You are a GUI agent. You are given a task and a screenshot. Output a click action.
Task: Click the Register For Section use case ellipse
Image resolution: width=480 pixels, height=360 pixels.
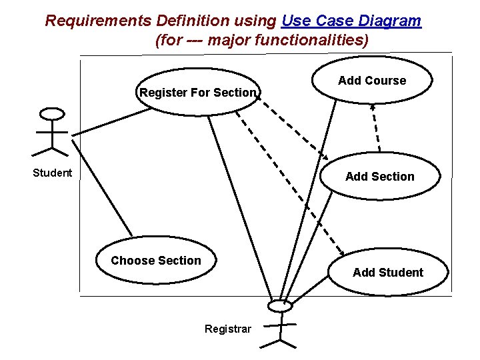(197, 93)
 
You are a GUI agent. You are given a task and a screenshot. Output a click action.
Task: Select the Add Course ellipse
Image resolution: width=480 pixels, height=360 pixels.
(372, 81)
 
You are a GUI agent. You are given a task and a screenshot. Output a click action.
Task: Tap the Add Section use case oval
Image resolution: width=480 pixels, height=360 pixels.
(380, 177)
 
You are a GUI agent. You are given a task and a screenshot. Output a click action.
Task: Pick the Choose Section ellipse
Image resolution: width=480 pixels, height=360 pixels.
(156, 261)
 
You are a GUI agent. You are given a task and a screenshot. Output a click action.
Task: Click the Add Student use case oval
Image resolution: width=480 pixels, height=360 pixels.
(387, 272)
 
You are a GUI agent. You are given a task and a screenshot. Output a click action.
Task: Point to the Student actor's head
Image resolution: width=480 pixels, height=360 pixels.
(53, 114)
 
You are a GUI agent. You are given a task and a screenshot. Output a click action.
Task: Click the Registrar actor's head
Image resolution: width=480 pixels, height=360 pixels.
(280, 306)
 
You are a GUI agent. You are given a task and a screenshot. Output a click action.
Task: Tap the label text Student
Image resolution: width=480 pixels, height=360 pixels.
(53, 173)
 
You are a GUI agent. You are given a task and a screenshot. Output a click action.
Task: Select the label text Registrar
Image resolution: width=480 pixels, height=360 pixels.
(228, 329)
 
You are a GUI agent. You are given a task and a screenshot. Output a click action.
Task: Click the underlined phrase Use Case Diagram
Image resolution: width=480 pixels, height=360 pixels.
(351, 21)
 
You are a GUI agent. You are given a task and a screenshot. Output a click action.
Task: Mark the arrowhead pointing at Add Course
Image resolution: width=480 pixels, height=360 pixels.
(373, 105)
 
